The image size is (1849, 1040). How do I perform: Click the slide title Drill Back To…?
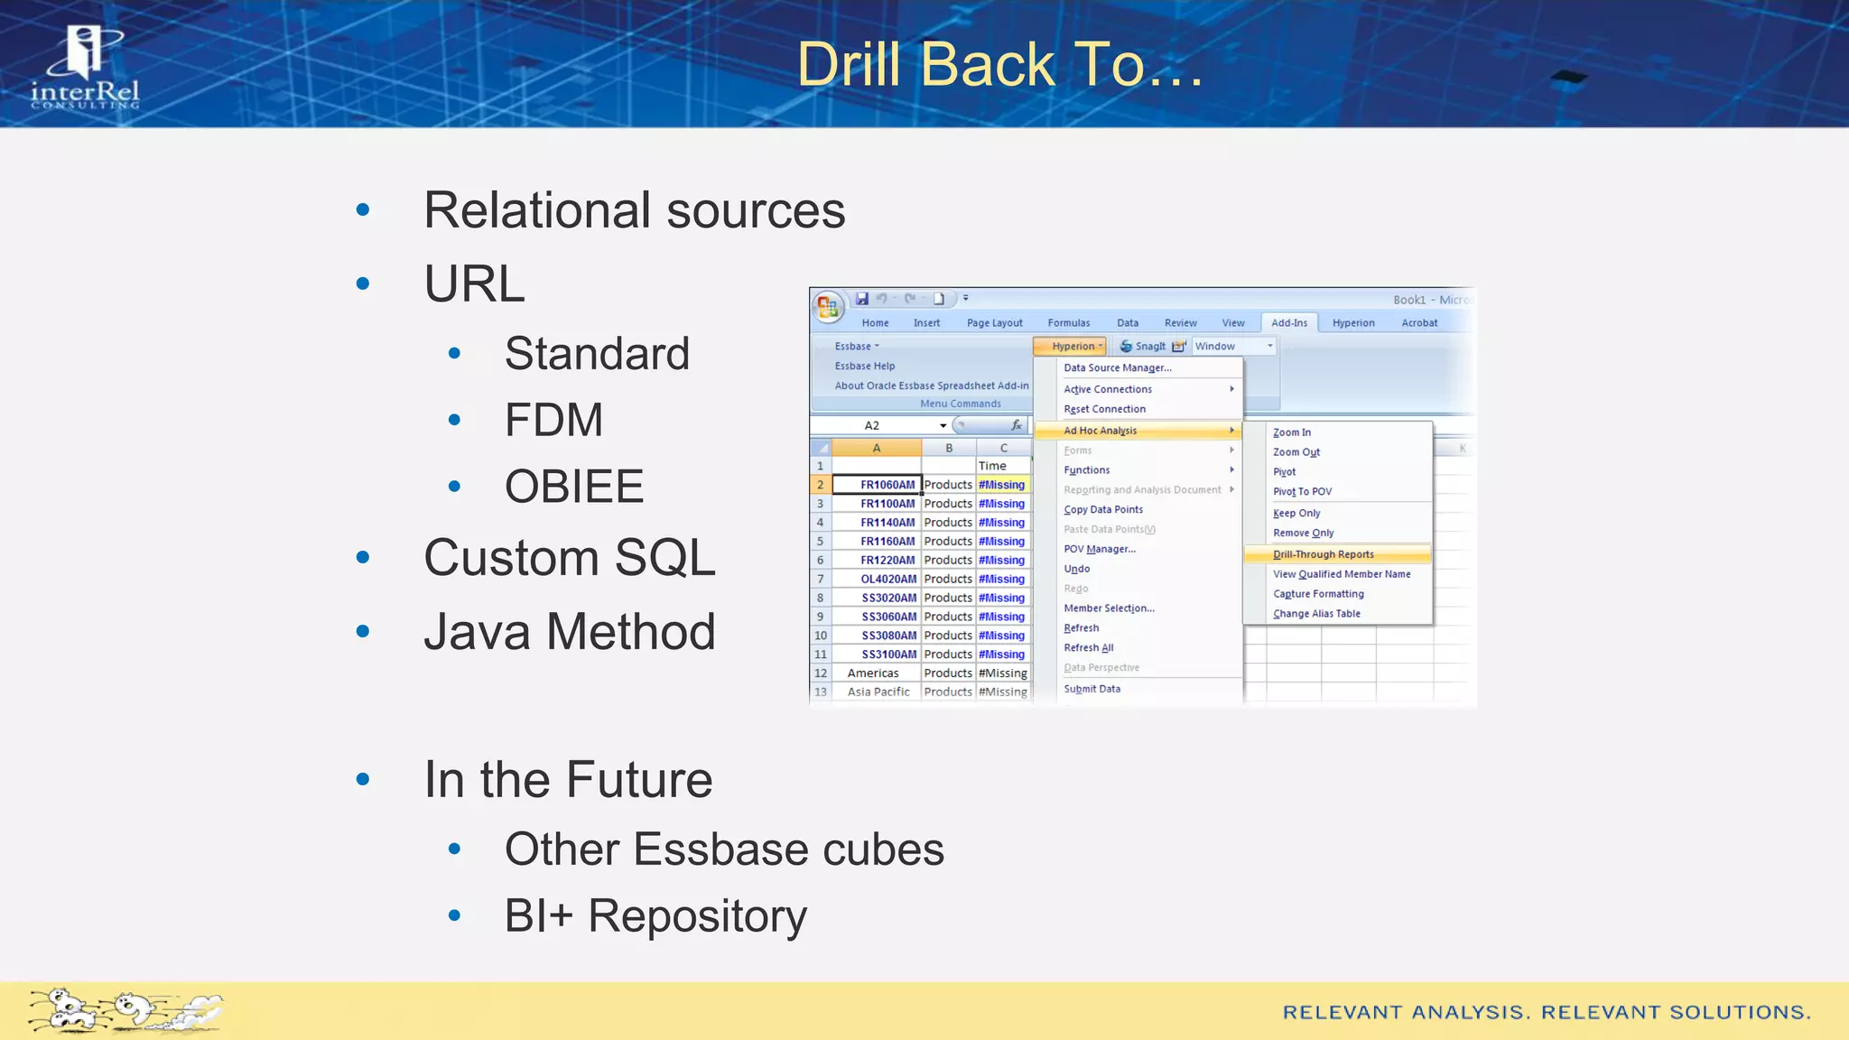pyautogui.click(x=999, y=65)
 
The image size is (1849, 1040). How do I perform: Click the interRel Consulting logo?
pyautogui.click(x=85, y=69)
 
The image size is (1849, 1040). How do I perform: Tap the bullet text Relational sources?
pyautogui.click(x=634, y=210)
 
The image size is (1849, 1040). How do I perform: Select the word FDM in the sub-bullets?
pyautogui.click(x=553, y=420)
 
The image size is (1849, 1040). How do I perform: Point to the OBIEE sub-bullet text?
pyautogui.click(x=573, y=487)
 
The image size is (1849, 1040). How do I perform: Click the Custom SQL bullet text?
pyautogui.click(x=569, y=558)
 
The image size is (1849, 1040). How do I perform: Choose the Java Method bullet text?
pyautogui.click(x=569, y=632)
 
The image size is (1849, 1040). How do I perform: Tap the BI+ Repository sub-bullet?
pyautogui.click(x=655, y=916)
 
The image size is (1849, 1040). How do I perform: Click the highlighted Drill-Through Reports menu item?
pyautogui.click(x=1323, y=554)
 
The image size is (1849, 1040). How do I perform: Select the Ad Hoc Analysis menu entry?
pyautogui.click(x=1100, y=431)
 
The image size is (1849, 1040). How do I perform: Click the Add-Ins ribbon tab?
pyautogui.click(x=1288, y=323)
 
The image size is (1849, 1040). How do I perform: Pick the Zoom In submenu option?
pyautogui.click(x=1291, y=432)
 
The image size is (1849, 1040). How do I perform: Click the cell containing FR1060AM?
pyautogui.click(x=887, y=485)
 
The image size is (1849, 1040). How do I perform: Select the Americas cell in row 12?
pyautogui.click(x=873, y=673)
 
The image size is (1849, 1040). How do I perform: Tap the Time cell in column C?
pyautogui.click(x=992, y=466)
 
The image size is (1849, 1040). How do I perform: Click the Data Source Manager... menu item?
pyautogui.click(x=1117, y=368)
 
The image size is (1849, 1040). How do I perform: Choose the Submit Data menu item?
pyautogui.click(x=1092, y=689)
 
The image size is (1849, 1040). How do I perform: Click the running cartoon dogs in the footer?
pyautogui.click(x=125, y=1010)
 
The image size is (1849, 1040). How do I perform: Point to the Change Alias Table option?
pyautogui.click(x=1316, y=614)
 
